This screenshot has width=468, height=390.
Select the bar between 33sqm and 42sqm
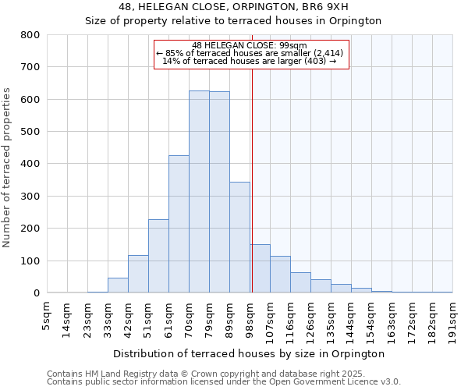[118, 285]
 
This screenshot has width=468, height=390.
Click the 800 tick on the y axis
[30, 35]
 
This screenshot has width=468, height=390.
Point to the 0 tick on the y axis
[36, 293]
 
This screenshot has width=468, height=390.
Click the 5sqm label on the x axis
[48, 315]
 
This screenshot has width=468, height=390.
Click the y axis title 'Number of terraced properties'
[8, 167]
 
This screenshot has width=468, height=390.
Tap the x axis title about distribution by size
[249, 353]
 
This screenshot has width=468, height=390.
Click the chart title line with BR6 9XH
[234, 7]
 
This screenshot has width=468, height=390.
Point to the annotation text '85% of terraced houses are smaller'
[250, 54]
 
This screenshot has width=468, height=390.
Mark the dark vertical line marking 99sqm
[252, 156]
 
